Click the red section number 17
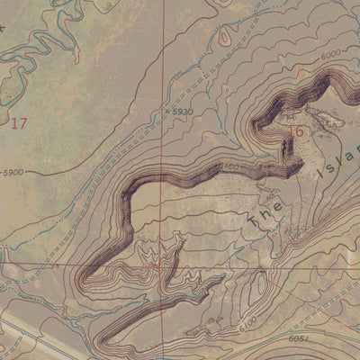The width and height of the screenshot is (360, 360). (18, 123)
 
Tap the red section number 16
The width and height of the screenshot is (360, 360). (298, 132)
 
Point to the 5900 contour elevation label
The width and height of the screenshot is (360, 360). (13, 172)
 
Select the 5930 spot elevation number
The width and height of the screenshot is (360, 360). (184, 111)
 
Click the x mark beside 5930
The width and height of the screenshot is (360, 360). (168, 112)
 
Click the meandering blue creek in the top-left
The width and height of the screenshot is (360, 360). (40, 45)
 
